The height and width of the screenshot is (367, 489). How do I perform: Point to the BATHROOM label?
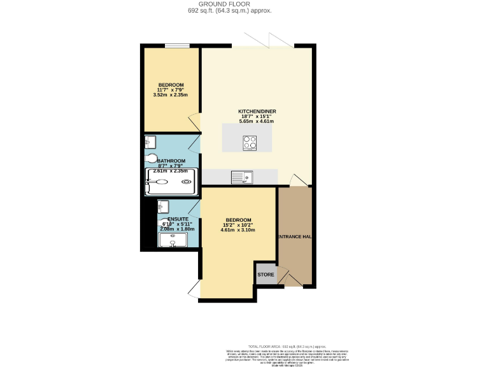171,161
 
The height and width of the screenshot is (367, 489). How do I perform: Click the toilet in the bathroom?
152,159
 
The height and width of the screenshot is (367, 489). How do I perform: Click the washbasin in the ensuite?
163,206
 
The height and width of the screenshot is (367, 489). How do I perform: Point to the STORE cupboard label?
266,275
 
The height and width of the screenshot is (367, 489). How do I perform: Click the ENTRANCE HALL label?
294,236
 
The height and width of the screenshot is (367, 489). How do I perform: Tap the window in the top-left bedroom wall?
176,45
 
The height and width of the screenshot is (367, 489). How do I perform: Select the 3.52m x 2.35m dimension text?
171,95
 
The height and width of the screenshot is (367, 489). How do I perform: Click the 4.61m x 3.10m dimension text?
239,230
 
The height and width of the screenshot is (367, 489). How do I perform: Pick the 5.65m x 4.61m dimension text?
257,121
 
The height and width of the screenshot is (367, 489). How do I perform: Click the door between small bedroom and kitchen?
195,122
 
